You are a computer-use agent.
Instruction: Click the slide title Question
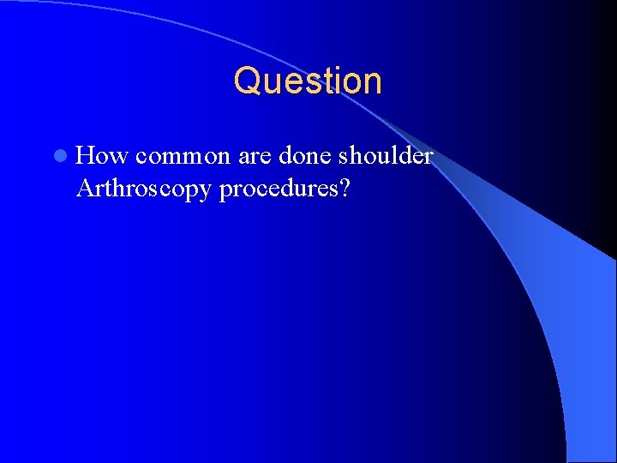coord(308,81)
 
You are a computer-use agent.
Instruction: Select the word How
coord(102,156)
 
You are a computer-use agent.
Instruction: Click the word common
coord(183,156)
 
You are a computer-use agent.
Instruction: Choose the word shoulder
coord(386,156)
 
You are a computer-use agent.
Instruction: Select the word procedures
coord(278,188)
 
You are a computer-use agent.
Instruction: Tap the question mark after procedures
coord(344,188)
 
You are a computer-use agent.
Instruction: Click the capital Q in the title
coord(247,81)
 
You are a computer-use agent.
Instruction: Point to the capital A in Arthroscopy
coord(84,188)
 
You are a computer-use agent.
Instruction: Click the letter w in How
coord(118,156)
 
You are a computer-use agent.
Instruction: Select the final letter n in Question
coord(372,81)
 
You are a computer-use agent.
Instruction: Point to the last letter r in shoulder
coord(428,156)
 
